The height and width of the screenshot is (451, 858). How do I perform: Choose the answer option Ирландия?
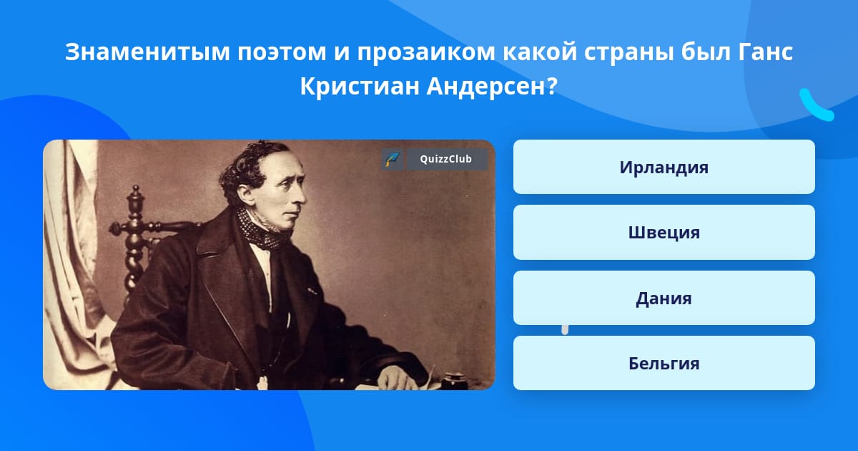pos(664,167)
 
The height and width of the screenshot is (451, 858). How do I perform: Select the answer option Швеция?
pos(664,233)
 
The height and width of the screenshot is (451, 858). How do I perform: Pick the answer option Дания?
pos(664,298)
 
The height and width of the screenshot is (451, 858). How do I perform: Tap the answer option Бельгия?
pos(664,363)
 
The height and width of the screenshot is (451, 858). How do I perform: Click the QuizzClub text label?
pos(446,159)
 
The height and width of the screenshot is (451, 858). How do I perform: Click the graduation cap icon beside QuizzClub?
pos(393,159)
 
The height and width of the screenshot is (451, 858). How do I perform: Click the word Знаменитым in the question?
pos(147,52)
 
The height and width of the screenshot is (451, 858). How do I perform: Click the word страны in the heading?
pos(628,53)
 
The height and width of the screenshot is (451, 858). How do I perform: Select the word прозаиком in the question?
pos(426,53)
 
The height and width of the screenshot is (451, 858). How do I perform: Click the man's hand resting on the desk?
pos(395,378)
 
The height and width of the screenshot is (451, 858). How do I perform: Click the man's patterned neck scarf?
pos(260,229)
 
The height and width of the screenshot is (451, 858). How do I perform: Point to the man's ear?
pos(245,194)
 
